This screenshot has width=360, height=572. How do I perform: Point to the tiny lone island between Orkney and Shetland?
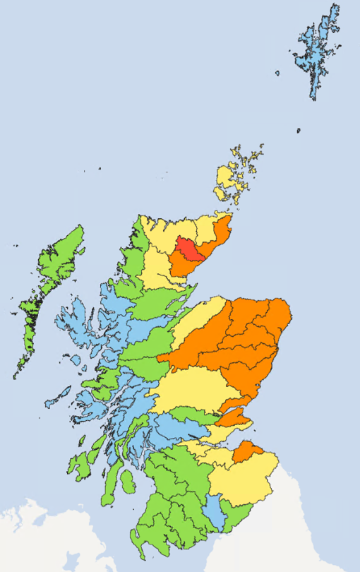(x=299, y=131)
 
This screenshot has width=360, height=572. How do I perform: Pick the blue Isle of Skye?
(x=74, y=325)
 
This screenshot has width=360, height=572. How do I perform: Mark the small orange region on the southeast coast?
(x=247, y=451)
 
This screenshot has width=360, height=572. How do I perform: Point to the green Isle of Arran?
(x=127, y=483)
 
